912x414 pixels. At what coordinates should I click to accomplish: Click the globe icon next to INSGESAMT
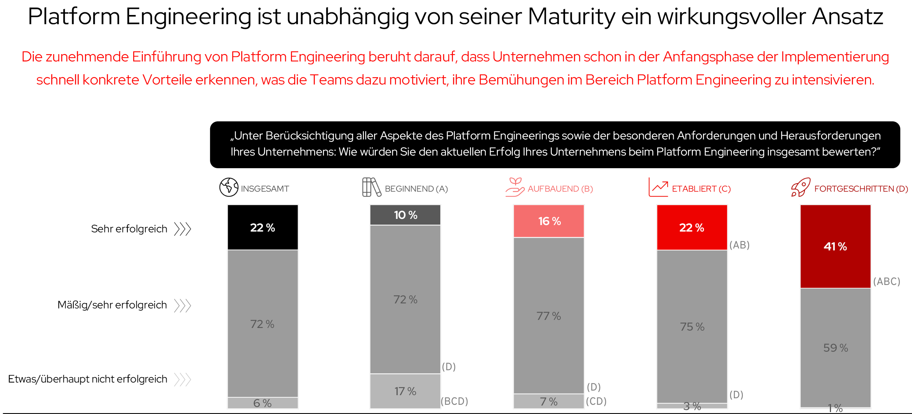tap(229, 187)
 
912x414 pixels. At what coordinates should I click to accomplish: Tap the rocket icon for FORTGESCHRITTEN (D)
tap(801, 187)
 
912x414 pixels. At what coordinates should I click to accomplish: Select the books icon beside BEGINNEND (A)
tap(371, 187)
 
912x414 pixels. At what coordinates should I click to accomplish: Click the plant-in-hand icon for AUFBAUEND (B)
tap(515, 187)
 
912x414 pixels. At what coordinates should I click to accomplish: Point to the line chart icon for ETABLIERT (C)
tap(658, 187)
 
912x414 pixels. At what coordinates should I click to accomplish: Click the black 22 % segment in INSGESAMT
tap(263, 227)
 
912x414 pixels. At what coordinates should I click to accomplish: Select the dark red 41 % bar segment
tap(835, 246)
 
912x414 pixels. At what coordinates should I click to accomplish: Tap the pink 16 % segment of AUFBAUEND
tap(549, 221)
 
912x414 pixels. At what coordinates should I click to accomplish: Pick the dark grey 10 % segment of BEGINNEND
tap(405, 215)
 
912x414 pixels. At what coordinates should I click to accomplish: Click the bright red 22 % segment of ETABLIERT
tap(692, 227)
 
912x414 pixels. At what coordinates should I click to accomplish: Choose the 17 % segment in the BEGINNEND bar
tap(405, 391)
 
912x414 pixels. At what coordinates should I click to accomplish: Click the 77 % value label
tap(549, 316)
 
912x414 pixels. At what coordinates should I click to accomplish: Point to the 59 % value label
tap(835, 348)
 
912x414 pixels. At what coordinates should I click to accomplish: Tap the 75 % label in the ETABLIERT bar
tap(692, 326)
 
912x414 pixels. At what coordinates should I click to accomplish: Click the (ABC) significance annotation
tap(886, 282)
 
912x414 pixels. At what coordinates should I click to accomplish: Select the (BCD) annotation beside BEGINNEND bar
tap(454, 401)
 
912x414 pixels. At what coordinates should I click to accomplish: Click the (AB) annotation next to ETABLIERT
tap(739, 245)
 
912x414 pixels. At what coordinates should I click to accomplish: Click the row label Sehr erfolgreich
tap(129, 229)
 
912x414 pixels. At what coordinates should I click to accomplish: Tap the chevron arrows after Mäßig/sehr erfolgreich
tap(182, 306)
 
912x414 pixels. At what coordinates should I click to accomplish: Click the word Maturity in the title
tap(571, 17)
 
